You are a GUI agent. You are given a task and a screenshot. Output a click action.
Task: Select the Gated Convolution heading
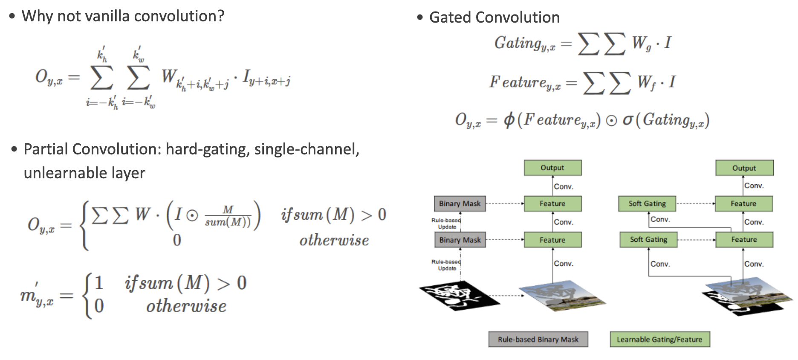pyautogui.click(x=494, y=17)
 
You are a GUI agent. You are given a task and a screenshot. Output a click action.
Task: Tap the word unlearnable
pyautogui.click(x=54, y=173)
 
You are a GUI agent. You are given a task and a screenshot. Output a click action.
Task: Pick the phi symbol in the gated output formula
pyautogui.click(x=509, y=120)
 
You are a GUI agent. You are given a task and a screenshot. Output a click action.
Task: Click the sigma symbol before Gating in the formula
pyautogui.click(x=627, y=120)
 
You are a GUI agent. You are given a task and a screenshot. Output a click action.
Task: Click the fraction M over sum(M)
pyautogui.click(x=228, y=216)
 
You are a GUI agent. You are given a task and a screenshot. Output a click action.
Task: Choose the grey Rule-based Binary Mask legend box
pyautogui.click(x=538, y=340)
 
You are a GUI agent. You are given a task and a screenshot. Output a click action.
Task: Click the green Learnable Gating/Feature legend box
pyautogui.click(x=659, y=340)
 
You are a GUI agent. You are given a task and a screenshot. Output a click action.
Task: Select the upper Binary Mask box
pyautogui.click(x=460, y=204)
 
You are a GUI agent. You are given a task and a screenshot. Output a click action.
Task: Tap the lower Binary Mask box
pyautogui.click(x=460, y=240)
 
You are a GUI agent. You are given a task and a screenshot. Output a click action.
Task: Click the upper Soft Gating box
pyautogui.click(x=647, y=204)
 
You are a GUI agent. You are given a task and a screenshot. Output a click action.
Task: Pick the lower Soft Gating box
pyautogui.click(x=648, y=240)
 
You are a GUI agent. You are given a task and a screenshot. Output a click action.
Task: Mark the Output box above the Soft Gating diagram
pyautogui.click(x=744, y=168)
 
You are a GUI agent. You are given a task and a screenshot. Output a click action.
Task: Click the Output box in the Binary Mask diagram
pyautogui.click(x=552, y=168)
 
